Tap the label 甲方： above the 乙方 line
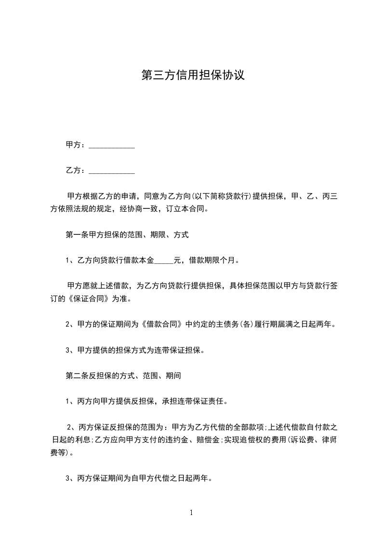coord(76,145)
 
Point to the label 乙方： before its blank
coord(76,170)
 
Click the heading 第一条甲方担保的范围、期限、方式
coord(127,235)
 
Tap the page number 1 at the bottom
coord(191,513)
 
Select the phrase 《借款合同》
coord(164,324)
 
